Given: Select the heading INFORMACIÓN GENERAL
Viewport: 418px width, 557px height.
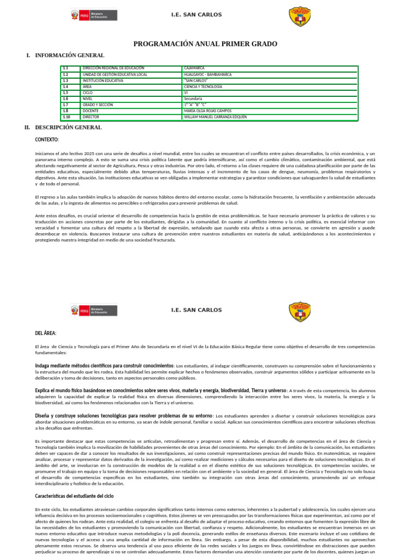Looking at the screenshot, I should [70, 55].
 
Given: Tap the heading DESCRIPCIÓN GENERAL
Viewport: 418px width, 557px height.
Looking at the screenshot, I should [68, 127].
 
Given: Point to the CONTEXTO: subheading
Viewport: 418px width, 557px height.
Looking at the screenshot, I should [47, 140].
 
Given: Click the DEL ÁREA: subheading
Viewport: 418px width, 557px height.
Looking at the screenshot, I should [46, 333].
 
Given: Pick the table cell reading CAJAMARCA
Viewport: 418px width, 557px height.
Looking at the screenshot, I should [194, 68].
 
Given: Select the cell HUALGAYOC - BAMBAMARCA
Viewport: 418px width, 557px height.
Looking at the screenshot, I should [208, 75].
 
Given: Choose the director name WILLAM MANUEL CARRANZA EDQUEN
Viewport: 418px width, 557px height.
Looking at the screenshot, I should [216, 116].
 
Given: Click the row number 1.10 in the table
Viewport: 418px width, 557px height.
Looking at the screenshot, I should [66, 116].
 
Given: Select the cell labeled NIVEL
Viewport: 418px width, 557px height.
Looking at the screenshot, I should [88, 98].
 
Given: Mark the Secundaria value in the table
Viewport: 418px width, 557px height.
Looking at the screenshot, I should [193, 98].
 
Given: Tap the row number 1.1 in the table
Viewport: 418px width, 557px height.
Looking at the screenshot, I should [65, 68].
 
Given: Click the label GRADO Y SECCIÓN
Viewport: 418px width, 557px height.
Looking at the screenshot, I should [98, 104].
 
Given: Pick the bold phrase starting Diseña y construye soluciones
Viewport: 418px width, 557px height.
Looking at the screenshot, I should [124, 416].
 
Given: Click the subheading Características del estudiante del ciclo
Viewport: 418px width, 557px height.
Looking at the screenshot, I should [74, 496].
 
